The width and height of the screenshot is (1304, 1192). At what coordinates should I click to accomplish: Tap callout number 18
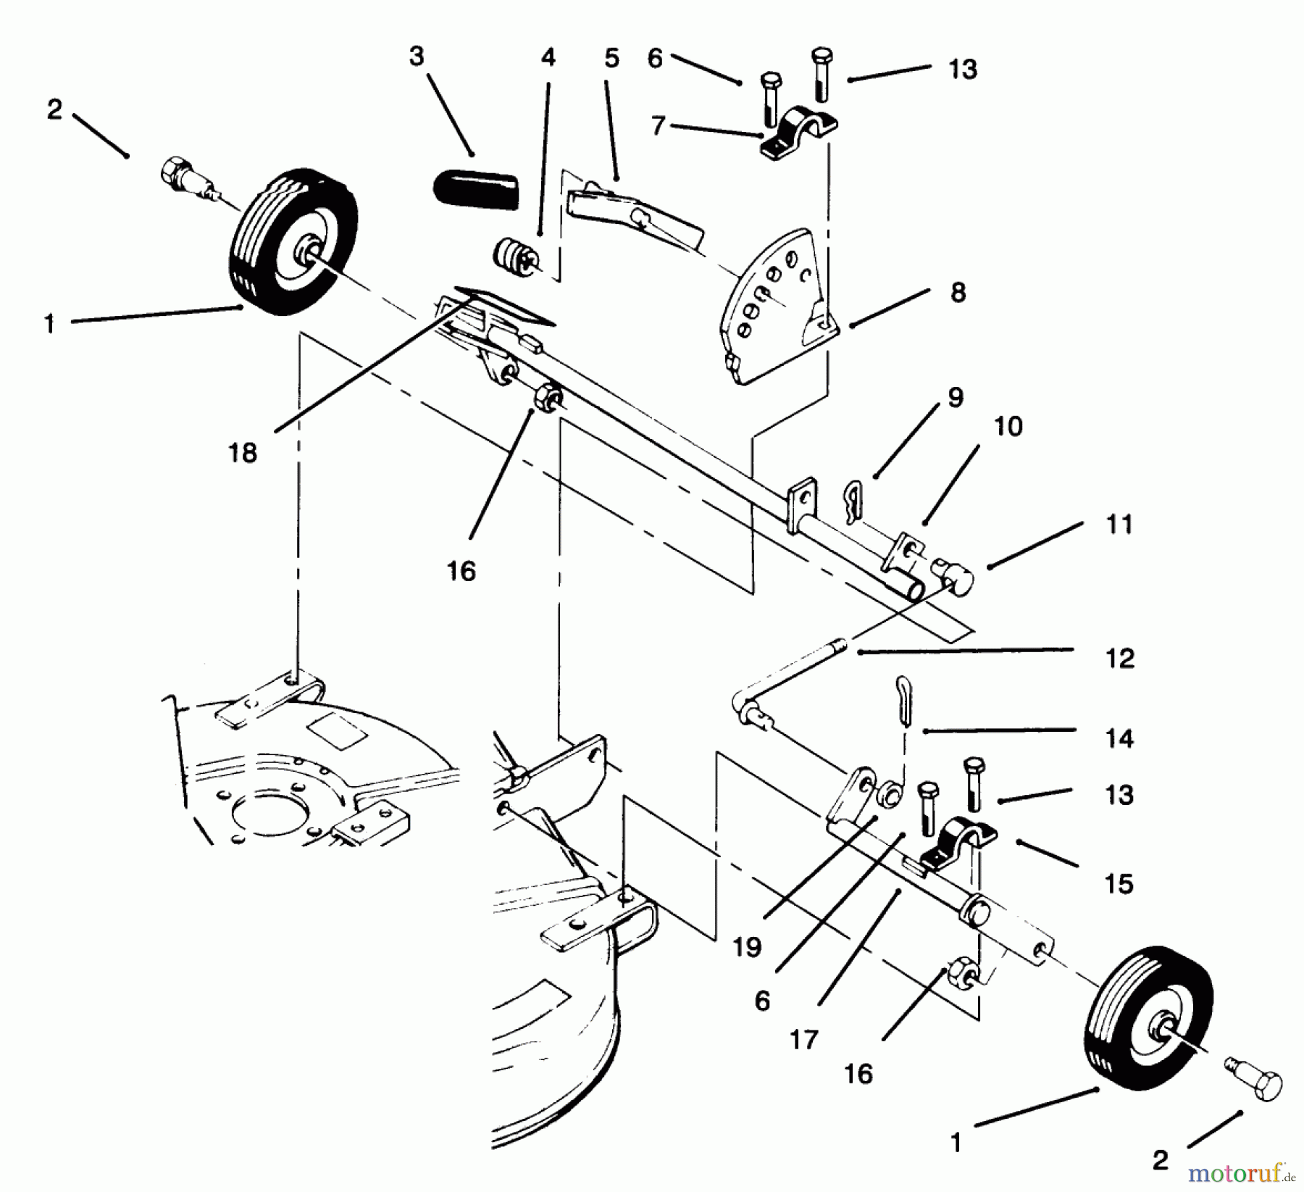(x=243, y=453)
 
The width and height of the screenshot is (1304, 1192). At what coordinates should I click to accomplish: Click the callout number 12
(x=1119, y=658)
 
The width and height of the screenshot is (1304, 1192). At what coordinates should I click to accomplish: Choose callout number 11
(x=1119, y=524)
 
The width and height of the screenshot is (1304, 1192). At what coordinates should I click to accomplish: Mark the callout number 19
(x=747, y=946)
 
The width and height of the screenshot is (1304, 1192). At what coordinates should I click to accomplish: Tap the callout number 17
(x=805, y=1040)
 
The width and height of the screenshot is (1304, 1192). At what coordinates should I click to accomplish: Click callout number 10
(x=1008, y=426)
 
